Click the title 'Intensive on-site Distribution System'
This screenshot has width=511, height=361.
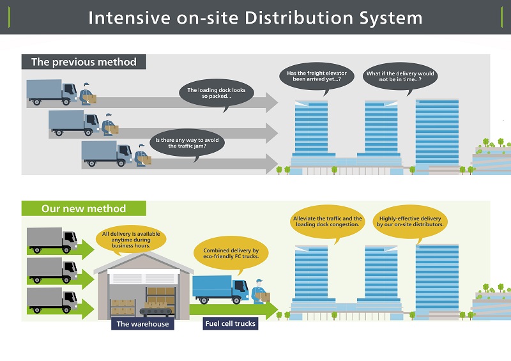point(255,18)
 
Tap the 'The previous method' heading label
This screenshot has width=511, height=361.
point(84,61)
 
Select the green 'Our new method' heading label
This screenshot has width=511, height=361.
point(84,208)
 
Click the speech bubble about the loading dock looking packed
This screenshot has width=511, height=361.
point(217,93)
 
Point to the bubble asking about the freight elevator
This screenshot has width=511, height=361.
point(316,76)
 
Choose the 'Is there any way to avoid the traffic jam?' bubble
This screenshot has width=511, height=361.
point(187,143)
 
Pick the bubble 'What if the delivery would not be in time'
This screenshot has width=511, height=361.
point(400,76)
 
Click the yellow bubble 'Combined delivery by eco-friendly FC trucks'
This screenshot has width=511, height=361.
point(231,254)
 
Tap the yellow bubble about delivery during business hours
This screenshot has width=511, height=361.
point(131,240)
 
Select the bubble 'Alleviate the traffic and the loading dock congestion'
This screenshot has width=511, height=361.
point(328,222)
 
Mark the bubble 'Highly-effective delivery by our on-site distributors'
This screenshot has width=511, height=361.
point(410,222)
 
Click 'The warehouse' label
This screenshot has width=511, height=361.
point(142,324)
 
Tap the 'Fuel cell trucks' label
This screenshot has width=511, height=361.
point(231,323)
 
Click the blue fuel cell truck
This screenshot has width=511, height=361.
point(220,289)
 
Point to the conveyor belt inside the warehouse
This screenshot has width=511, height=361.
point(156,312)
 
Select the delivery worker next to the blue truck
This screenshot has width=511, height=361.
point(260,292)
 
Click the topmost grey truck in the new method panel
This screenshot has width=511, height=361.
point(52,240)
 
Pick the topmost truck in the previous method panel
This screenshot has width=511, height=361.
point(52,92)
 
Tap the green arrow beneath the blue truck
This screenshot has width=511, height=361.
point(234,310)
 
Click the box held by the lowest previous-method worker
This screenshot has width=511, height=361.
point(145,160)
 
